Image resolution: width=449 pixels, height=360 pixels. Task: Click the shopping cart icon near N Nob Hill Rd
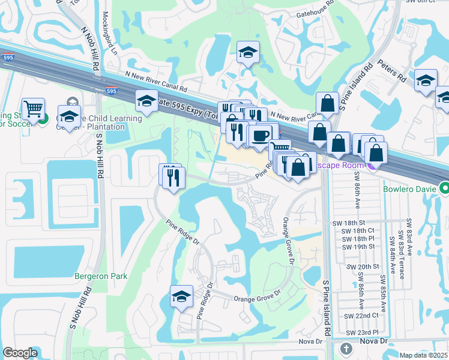pos(34,109)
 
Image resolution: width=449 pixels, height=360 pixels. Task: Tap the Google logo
pos(20,353)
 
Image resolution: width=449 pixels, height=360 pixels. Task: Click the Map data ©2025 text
pos(423,355)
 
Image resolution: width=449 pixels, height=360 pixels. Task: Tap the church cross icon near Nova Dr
pos(346,349)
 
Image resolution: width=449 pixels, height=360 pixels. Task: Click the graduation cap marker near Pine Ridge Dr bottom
pos(181,296)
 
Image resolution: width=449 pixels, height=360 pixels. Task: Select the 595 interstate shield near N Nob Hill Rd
pos(111,91)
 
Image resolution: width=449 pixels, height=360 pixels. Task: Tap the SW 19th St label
pos(359,246)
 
